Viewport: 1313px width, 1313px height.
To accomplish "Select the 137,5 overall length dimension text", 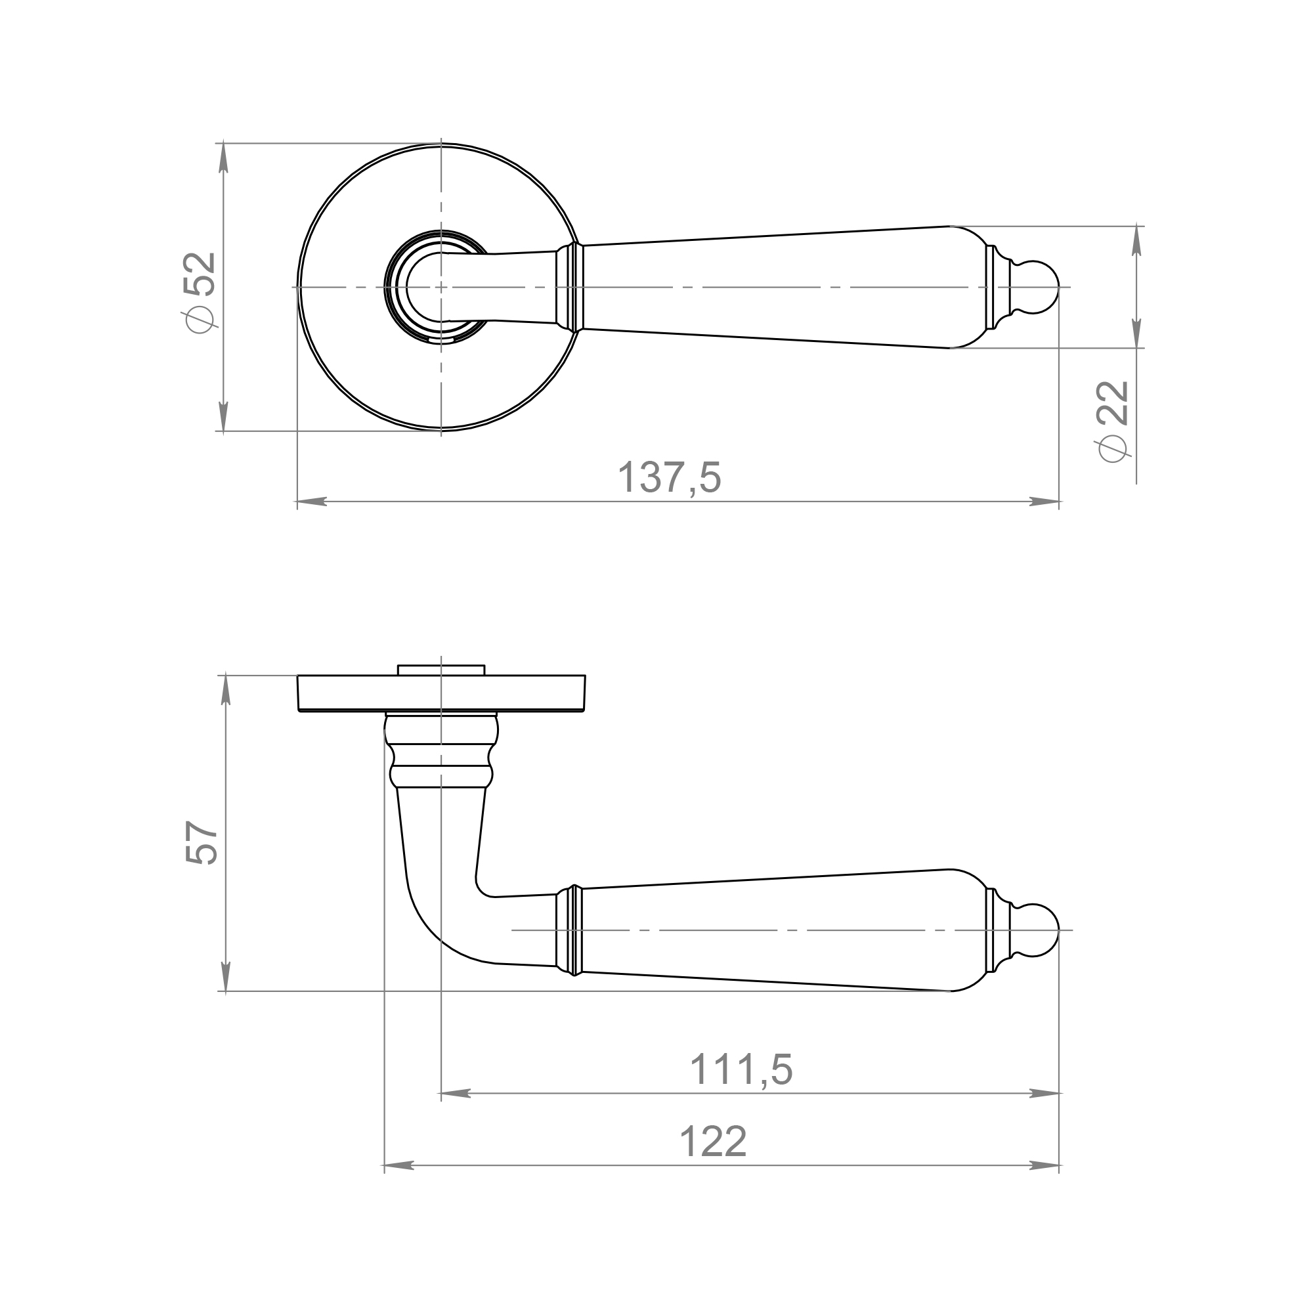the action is [x=670, y=477].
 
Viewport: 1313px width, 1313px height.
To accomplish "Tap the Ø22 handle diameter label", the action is [x=1112, y=421].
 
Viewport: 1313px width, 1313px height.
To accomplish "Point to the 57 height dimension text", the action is [x=200, y=842].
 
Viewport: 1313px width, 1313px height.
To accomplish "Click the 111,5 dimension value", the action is [x=741, y=1069].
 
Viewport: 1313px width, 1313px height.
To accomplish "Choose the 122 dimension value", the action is [x=713, y=1141].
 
